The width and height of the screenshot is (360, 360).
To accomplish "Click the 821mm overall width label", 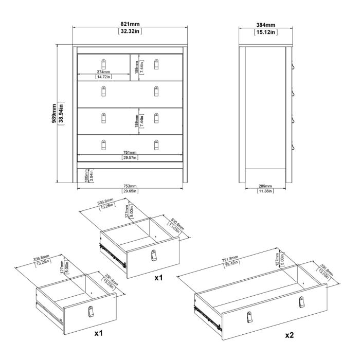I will pos(130,25).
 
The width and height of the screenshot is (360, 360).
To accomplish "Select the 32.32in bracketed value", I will pos(130,31).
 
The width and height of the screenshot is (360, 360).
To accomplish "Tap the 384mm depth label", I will pos(265,25).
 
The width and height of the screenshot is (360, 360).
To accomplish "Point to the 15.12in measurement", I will pos(265,32).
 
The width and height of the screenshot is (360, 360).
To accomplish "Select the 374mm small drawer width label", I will pos(103,72).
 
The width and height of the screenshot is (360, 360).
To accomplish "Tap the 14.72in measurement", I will pos(103,77).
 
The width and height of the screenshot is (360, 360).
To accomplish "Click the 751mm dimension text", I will pos(130,152).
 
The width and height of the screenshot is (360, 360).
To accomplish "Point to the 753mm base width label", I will pos(130,186).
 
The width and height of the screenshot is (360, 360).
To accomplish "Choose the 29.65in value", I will pos(130,191).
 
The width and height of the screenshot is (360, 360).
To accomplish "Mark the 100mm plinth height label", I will pos(85,174).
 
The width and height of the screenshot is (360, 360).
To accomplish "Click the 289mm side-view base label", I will pos(265,186).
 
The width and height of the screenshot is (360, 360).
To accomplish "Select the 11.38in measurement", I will pos(265,191).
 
